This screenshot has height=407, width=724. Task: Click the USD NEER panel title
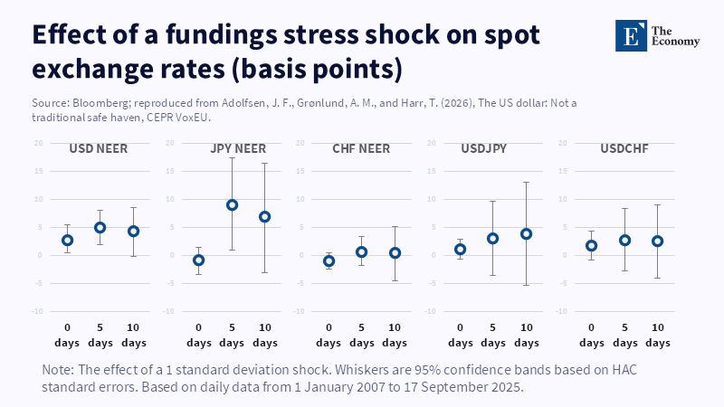(99, 148)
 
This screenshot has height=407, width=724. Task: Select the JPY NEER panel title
(231, 148)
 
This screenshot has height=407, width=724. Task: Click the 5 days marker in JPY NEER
(232, 204)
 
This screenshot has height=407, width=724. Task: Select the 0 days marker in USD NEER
(68, 240)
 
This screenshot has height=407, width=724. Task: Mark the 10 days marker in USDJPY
(526, 233)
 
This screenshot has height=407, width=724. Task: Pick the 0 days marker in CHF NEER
(329, 260)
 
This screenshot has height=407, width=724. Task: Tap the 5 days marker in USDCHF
(624, 240)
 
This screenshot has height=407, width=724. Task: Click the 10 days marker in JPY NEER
(264, 216)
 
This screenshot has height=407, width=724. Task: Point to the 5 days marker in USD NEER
(100, 227)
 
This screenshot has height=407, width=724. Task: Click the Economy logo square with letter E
(632, 35)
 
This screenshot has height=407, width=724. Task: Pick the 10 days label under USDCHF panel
(657, 335)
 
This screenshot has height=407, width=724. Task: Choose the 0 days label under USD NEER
(68, 335)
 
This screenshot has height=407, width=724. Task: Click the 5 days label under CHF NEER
(362, 335)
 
